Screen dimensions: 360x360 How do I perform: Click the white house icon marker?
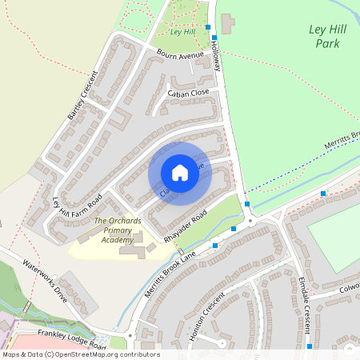(180, 173)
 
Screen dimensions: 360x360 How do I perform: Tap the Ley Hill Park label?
(330, 35)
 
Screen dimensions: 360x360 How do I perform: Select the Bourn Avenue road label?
(178, 57)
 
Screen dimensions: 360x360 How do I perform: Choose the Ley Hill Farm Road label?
(78, 211)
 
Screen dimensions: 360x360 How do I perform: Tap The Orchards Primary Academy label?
(113, 230)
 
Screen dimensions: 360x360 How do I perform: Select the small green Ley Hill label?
(183, 32)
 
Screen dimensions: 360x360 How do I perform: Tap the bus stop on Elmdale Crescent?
(309, 347)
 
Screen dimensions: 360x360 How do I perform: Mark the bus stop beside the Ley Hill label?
(208, 27)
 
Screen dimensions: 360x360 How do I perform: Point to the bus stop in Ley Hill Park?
(323, 194)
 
